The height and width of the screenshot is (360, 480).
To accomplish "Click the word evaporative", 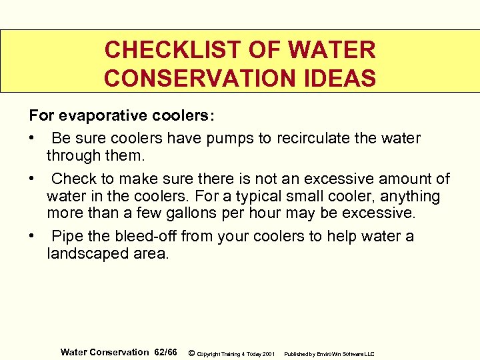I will [x=101, y=115].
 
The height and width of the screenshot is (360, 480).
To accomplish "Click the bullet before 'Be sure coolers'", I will [x=32, y=139].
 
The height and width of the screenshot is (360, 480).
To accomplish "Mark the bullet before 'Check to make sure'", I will [x=32, y=179].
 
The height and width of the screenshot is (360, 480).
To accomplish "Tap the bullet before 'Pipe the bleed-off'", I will [x=32, y=237].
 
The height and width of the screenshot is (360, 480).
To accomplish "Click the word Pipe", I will [x=65, y=237].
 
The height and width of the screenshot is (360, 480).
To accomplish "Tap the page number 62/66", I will [x=165, y=352].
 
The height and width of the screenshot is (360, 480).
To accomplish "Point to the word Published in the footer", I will [x=297, y=353].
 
